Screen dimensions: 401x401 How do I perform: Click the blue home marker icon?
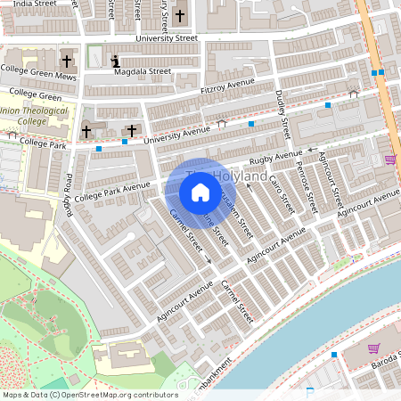tap(200, 192)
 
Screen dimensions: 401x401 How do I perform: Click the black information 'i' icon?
tap(116, 61)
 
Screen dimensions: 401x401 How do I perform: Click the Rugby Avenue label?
tap(276, 159)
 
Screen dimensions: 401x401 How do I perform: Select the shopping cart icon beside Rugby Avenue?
tap(389, 160)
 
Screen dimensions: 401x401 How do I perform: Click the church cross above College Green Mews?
tap(67, 61)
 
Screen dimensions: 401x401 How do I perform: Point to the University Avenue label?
tap(177, 135)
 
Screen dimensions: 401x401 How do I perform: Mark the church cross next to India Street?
tap(179, 15)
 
